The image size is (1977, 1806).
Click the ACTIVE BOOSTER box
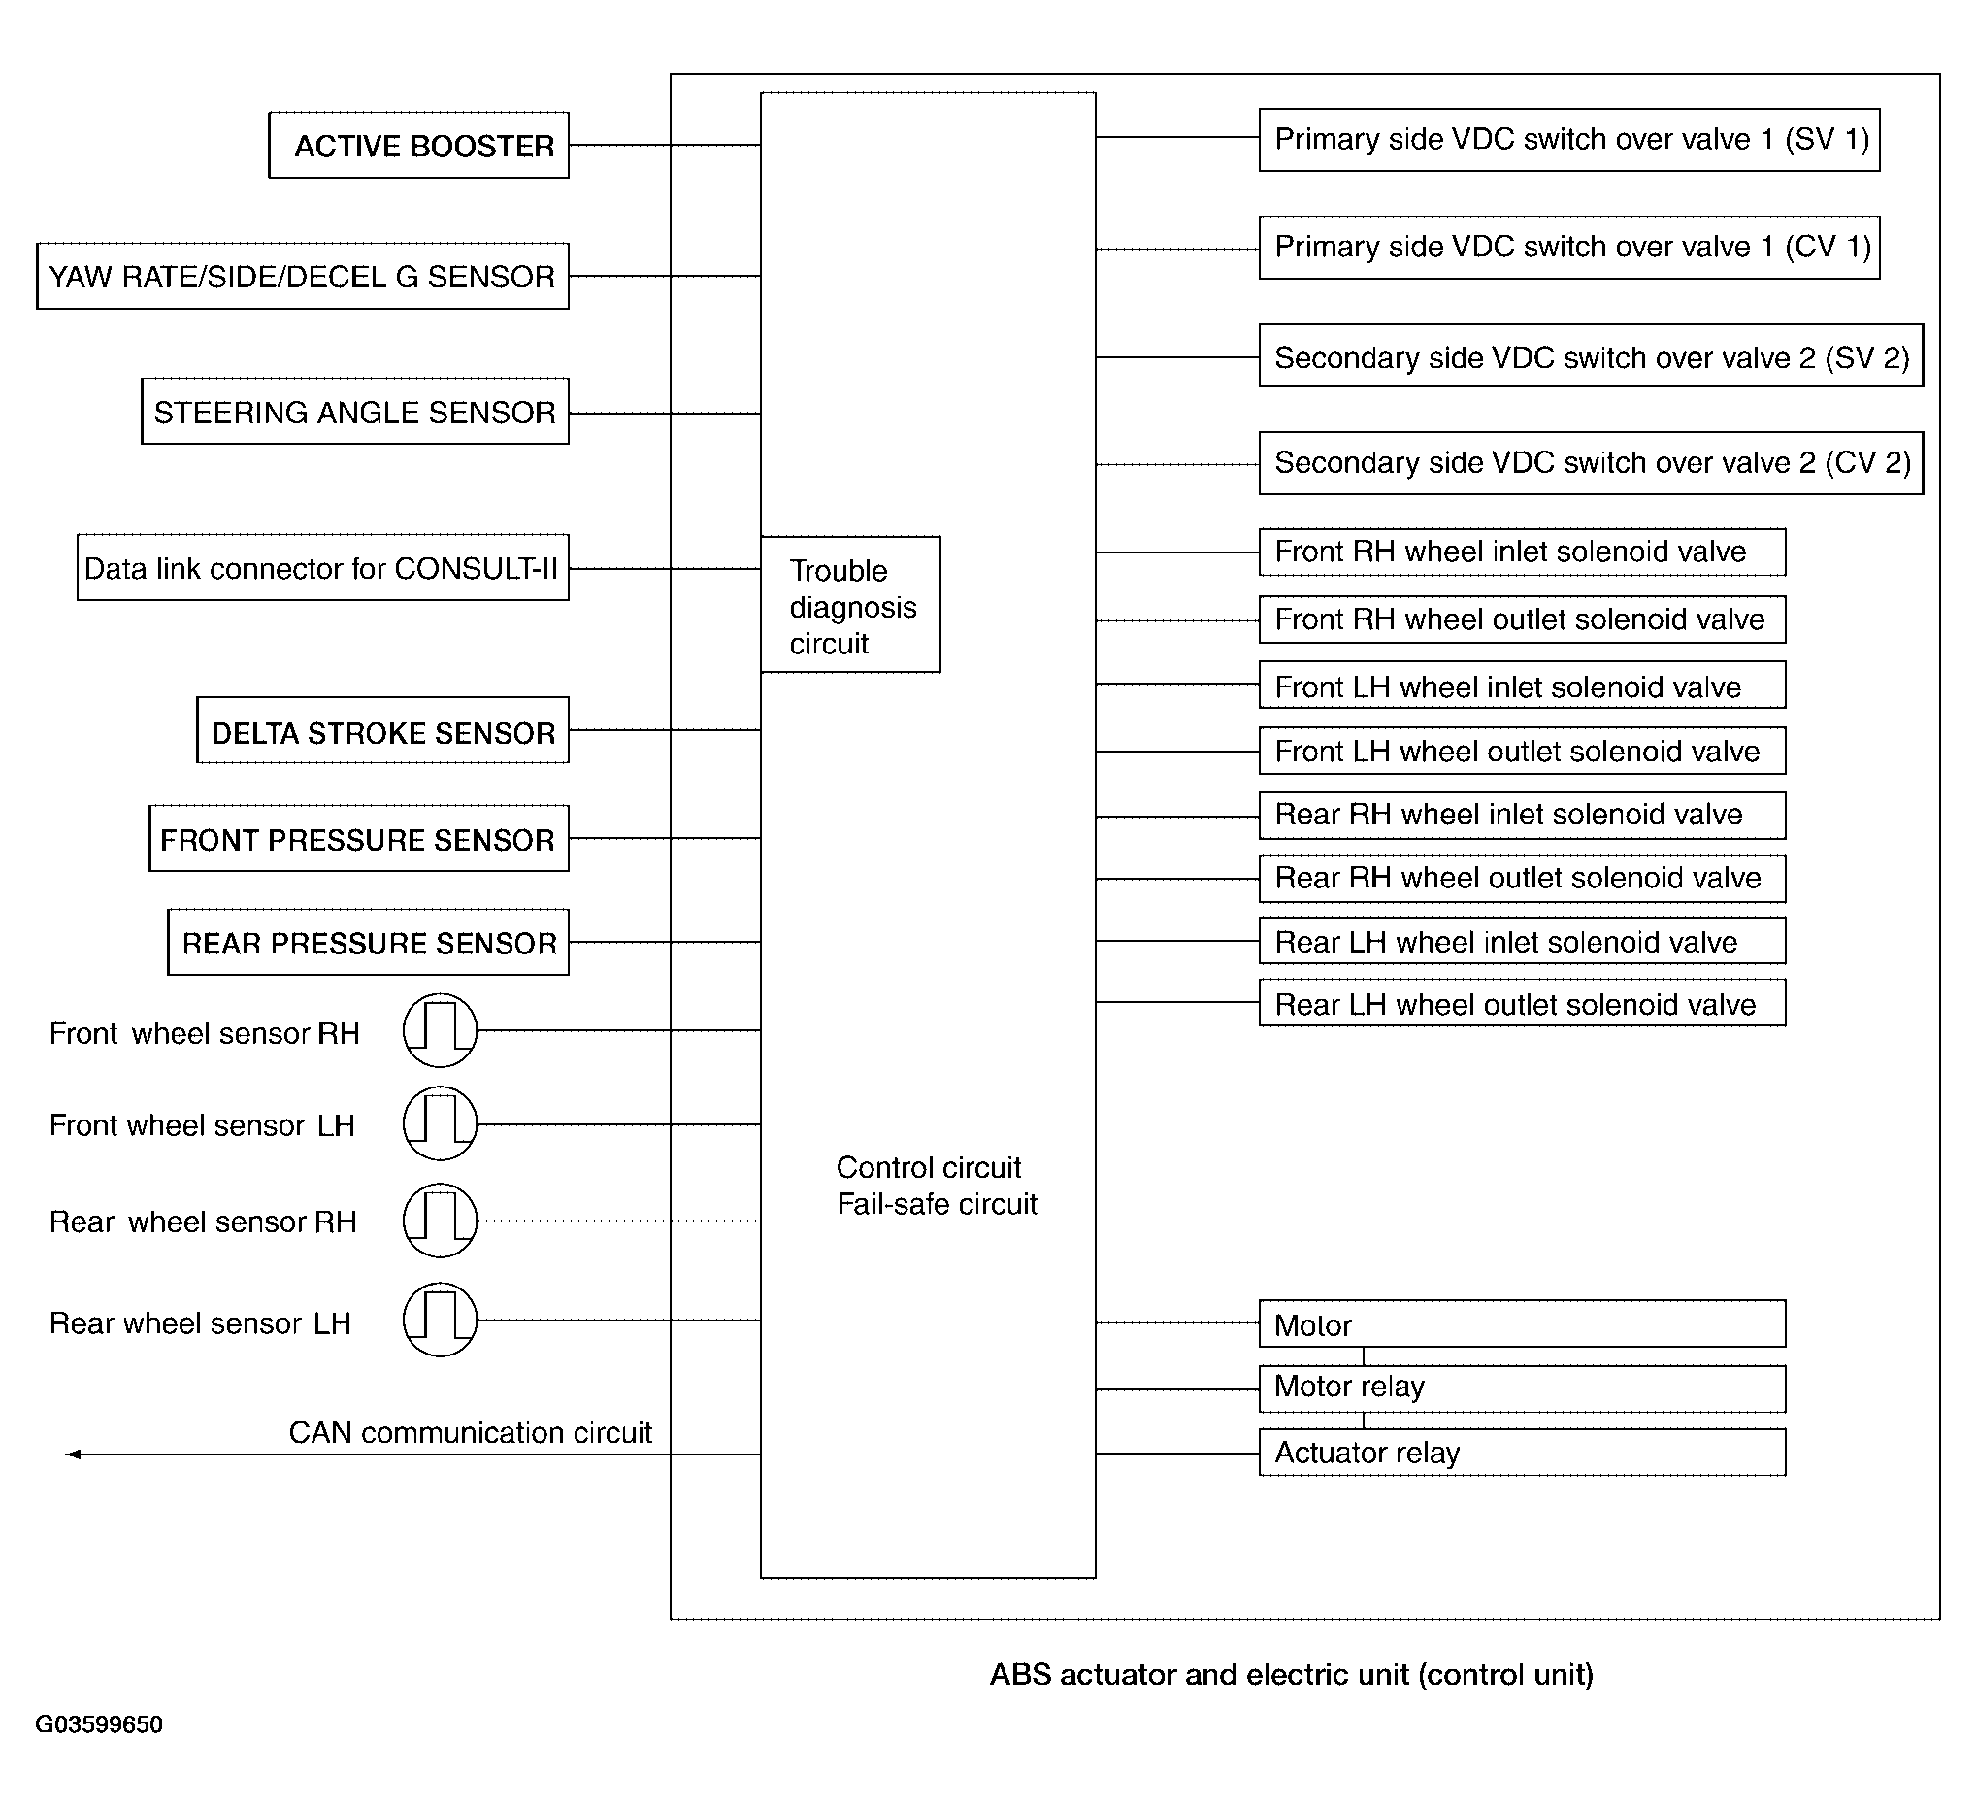click(418, 146)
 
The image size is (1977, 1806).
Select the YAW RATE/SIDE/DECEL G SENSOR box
click(302, 277)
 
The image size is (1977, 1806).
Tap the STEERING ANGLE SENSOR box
click(355, 412)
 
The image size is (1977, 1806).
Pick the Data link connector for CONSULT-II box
click(322, 568)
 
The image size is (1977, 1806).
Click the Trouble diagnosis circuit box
click(850, 605)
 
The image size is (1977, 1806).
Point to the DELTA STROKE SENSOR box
click(382, 731)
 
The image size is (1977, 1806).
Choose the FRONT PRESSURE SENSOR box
click(359, 839)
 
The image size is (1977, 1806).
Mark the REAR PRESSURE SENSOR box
click(368, 943)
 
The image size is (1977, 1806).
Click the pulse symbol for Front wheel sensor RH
click(441, 1031)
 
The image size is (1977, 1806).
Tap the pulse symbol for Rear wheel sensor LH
click(441, 1321)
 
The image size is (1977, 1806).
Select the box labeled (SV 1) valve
click(1569, 140)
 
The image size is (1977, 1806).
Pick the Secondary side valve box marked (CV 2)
click(1591, 463)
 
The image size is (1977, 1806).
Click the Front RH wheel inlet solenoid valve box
click(1522, 552)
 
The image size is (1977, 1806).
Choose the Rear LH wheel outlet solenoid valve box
click(1522, 1004)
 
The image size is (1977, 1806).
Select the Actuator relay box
click(1522, 1453)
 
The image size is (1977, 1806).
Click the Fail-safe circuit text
click(937, 1205)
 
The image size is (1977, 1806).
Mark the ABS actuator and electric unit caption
click(1292, 1675)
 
